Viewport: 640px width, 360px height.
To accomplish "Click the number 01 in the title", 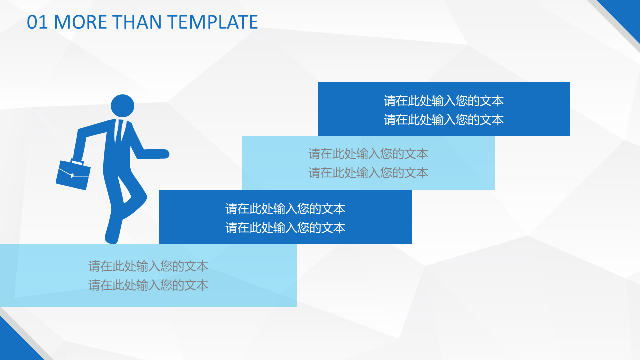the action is coord(37,22).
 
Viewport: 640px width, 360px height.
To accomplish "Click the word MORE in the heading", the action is coord(80,22).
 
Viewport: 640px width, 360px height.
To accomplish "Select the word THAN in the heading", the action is coord(137,22).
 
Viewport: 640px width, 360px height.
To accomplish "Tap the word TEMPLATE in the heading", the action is coord(212,22).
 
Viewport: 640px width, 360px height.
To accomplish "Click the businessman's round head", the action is coord(122,106).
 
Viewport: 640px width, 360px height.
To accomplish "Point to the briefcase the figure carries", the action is coord(73,174).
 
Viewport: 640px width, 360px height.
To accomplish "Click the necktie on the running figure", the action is coord(119,131).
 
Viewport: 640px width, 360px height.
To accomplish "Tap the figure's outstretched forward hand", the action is coord(160,154).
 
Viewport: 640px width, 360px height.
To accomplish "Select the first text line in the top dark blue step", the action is coord(443,101).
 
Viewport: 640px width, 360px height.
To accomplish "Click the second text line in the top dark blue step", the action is coord(443,120).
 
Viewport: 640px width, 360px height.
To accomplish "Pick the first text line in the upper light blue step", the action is coord(368,154).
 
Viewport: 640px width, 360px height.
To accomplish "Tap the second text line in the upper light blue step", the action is coord(368,173).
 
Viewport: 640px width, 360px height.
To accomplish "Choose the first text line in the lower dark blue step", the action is coord(285,209).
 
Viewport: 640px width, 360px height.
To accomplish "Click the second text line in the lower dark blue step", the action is coord(285,228).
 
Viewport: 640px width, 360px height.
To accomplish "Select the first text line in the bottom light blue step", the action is coord(148,266).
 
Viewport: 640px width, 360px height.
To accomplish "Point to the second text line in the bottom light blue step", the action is coord(148,285).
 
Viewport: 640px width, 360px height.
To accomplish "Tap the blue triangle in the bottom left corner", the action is coord(14,345).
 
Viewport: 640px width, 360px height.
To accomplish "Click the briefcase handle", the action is coord(77,162).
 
